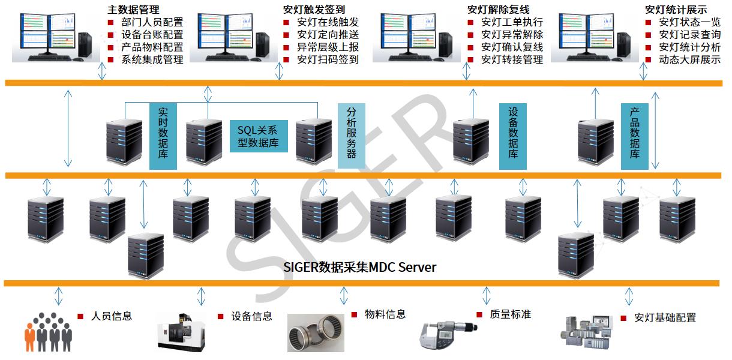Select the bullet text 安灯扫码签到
328,59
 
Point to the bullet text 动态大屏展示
689,59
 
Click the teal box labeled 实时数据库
163,136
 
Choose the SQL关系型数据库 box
259,136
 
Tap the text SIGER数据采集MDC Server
359,266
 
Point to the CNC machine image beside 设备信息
184,331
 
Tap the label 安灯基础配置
665,317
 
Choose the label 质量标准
510,314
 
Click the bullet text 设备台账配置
152,35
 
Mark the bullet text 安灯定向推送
328,35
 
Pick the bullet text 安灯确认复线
512,47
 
